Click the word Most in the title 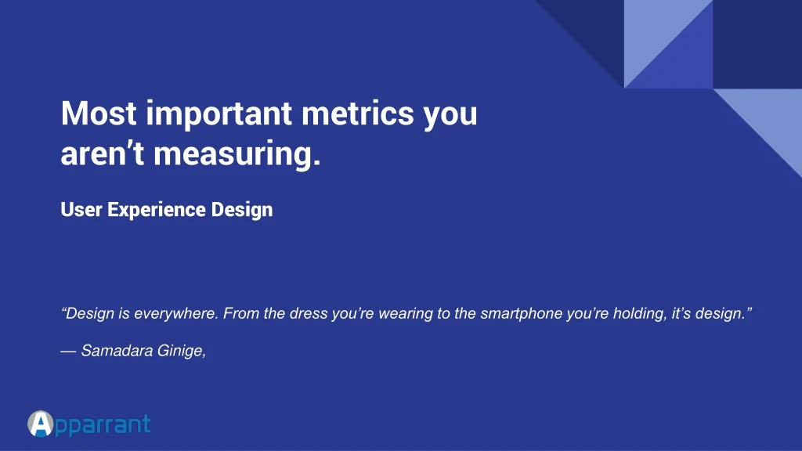coord(99,113)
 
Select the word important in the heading coord(219,115)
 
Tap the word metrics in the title coord(357,113)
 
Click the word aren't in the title coord(103,153)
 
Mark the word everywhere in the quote coord(176,314)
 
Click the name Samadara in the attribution coord(117,351)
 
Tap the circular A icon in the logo coord(41,424)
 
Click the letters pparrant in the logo coord(103,426)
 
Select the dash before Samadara coord(68,352)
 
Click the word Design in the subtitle coord(242,211)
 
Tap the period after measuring coord(316,163)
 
